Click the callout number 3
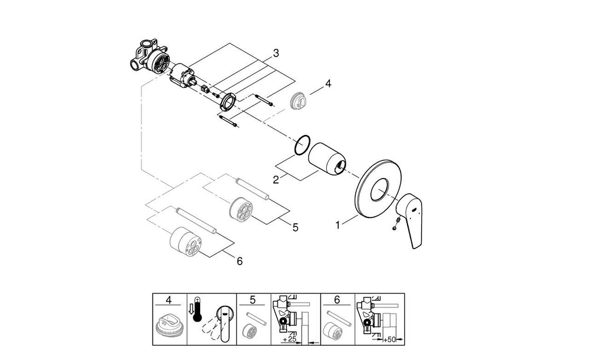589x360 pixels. (x=276, y=54)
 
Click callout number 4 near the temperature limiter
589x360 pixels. (x=328, y=84)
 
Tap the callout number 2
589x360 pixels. (x=276, y=180)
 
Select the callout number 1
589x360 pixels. (x=337, y=226)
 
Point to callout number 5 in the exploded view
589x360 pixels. (x=295, y=227)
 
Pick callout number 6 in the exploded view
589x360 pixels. (x=240, y=261)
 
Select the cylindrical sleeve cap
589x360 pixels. (x=327, y=158)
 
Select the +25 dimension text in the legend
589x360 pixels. (x=290, y=339)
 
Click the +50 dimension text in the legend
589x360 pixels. (x=389, y=340)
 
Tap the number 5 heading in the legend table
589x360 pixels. (x=253, y=299)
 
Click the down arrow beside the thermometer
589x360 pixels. (x=190, y=308)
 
